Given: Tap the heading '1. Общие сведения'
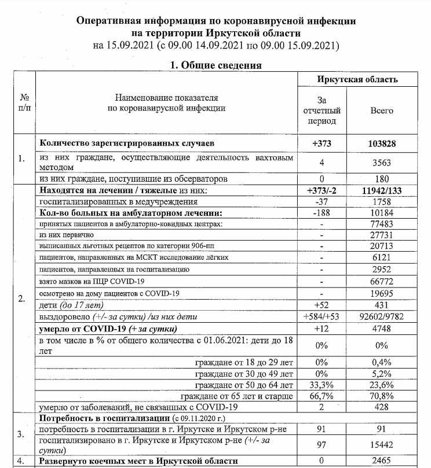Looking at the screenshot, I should click(x=216, y=65).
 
